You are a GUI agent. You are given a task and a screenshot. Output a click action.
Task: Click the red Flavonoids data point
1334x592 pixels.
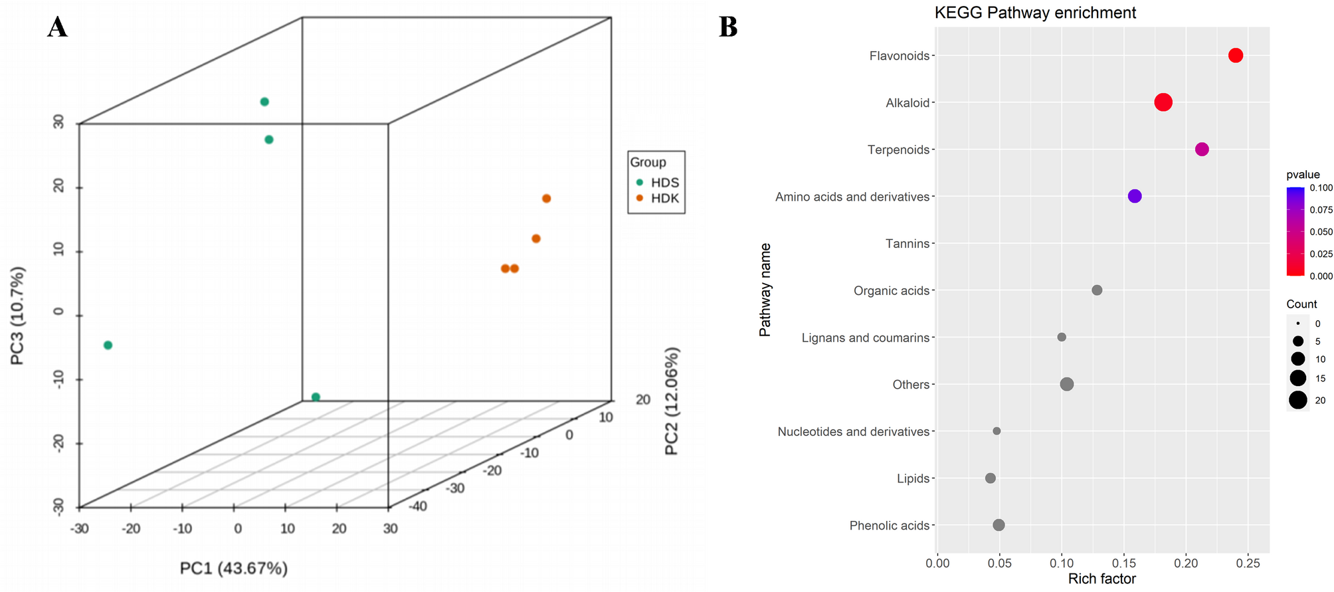tap(1235, 55)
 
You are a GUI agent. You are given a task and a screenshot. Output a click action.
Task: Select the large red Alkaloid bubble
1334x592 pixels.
tap(1163, 102)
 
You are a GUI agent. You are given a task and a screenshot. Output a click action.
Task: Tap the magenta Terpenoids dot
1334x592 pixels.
tap(1202, 149)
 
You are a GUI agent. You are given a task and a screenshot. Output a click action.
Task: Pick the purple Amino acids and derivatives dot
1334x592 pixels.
tap(1135, 196)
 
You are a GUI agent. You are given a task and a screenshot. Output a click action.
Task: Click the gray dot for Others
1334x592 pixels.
tap(1067, 384)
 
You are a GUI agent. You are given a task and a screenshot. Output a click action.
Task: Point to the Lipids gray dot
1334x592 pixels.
tap(991, 478)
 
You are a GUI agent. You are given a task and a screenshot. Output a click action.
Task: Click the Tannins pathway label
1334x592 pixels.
tap(907, 244)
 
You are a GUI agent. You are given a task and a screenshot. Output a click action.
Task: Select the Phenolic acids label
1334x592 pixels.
tap(890, 526)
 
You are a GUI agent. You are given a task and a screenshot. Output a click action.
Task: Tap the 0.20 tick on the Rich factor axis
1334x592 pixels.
tap(1186, 563)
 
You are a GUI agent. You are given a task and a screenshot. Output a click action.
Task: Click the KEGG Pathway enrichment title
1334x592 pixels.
tap(1035, 13)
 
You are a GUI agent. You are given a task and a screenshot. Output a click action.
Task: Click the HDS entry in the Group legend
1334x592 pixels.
tap(664, 183)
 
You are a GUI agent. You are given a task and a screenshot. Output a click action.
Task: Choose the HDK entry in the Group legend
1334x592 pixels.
tap(664, 198)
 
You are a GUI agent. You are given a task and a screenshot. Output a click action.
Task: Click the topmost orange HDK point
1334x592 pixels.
tap(547, 199)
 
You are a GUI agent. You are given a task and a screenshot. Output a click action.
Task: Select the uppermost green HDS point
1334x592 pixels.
tap(264, 102)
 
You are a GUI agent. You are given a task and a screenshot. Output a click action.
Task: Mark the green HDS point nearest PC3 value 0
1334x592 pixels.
tap(108, 345)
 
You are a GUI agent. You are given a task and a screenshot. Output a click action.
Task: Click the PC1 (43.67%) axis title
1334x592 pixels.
tap(234, 568)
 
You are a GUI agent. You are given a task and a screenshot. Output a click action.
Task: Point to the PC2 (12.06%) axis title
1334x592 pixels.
tap(672, 401)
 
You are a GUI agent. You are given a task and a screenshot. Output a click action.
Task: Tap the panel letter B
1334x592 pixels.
tap(728, 27)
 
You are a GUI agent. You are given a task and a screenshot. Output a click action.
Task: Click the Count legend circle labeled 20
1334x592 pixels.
tap(1298, 400)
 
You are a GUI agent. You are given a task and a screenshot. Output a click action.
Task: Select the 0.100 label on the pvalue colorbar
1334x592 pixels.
tap(1321, 188)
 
